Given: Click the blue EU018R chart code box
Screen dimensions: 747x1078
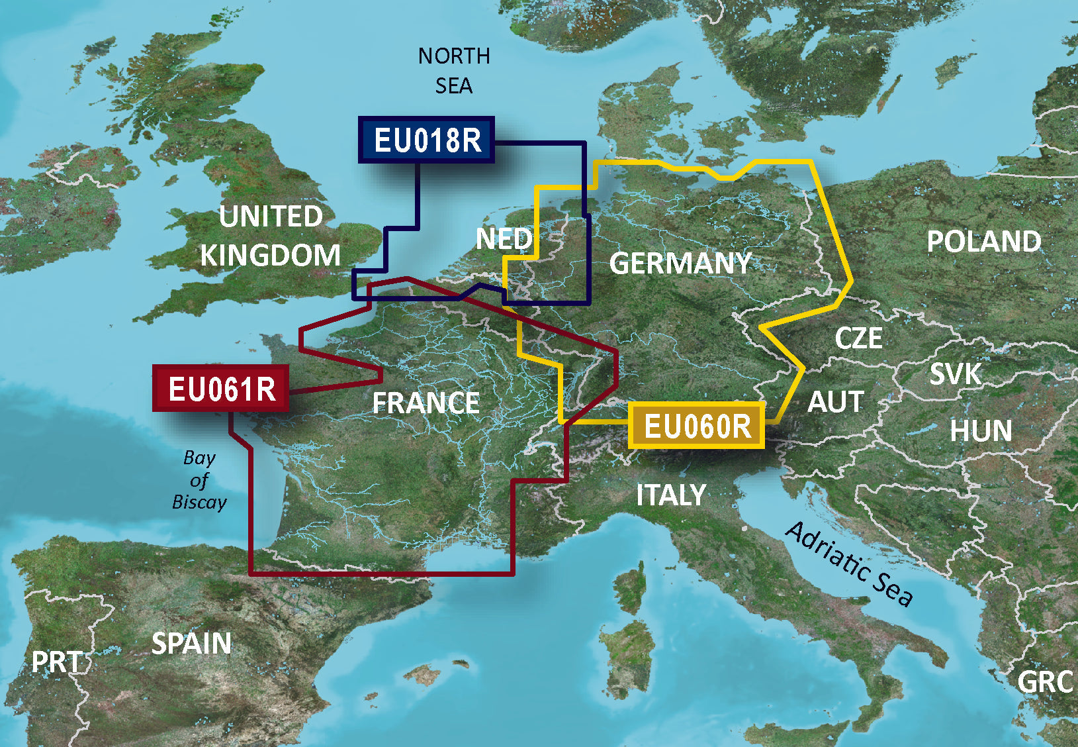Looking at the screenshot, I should point(427,140).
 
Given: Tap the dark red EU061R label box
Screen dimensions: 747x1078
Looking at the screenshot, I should point(221,388).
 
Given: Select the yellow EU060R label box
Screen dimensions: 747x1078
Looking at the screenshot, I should point(697,425).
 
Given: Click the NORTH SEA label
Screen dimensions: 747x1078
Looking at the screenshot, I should point(454,70).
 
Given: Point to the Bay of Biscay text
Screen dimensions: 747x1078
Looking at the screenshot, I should point(199,479).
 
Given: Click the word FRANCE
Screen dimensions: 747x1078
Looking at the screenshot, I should point(426,403).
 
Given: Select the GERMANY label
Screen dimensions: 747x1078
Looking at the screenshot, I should point(680,263).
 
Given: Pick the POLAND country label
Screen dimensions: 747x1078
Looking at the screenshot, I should point(983,241).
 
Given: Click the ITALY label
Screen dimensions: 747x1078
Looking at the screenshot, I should point(671,495).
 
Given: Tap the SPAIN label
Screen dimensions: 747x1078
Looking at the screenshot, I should point(191,643).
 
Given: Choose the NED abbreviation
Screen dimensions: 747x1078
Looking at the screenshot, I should point(504,239).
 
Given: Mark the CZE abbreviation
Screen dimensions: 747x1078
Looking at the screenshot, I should point(858,338).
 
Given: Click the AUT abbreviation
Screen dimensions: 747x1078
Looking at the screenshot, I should point(836,401).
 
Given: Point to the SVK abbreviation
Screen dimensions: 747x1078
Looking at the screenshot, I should point(955,374).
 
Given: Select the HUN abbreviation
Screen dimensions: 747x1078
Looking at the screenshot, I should point(981,431).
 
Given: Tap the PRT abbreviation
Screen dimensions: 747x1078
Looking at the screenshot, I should point(57,662).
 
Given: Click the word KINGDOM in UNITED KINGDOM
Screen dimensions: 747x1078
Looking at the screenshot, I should point(270,255).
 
